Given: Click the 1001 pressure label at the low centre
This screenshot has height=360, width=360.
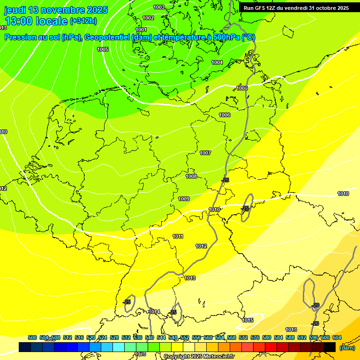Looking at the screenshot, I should (141, 30).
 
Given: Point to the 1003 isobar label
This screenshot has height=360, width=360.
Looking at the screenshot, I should (159, 7).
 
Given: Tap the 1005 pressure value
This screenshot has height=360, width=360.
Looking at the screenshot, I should (103, 49).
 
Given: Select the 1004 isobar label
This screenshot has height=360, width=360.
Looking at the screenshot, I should (217, 62).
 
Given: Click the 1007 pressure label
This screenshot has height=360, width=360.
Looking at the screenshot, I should (205, 153).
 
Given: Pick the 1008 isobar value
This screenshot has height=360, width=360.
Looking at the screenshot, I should (191, 176).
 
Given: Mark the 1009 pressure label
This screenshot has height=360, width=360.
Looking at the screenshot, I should (184, 199).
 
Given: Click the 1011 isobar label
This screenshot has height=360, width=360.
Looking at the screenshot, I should (178, 236).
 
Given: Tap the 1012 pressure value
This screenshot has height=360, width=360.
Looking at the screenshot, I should (201, 246).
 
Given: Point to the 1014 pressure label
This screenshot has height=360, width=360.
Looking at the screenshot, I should (155, 312).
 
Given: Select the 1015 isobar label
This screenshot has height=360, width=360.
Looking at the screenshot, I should (247, 321).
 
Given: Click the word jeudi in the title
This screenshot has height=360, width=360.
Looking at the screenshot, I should (15, 10).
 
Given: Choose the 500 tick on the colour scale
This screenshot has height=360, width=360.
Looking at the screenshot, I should (32, 337).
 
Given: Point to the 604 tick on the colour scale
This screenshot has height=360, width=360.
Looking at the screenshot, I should (337, 337).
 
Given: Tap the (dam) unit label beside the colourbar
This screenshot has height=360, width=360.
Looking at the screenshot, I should (347, 347).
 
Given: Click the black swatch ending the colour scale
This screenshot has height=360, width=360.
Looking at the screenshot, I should (330, 347).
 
